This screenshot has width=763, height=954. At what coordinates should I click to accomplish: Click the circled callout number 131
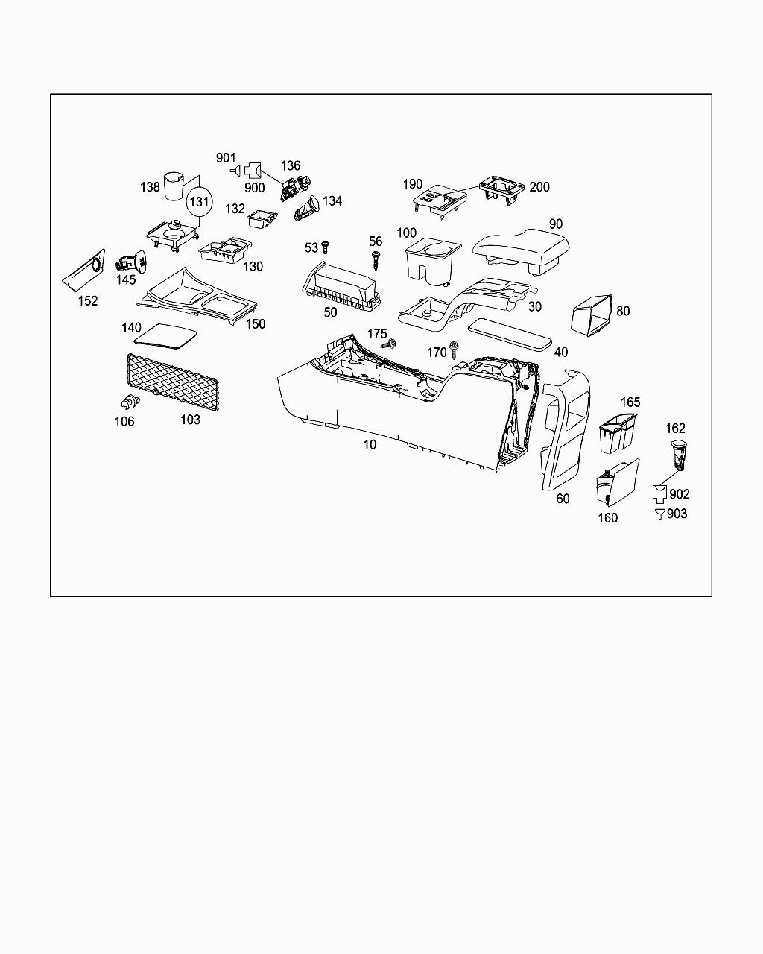[x=199, y=202]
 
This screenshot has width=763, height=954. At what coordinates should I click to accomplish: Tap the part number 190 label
[x=413, y=184]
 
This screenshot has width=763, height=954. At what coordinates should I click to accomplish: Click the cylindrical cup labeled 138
[x=174, y=186]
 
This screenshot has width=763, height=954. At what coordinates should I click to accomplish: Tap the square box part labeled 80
[x=590, y=314]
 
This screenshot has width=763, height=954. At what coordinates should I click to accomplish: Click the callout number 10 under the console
[x=370, y=445]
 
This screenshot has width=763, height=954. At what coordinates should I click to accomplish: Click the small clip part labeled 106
[x=130, y=402]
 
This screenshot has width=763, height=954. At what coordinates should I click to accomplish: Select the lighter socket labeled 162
[x=678, y=454]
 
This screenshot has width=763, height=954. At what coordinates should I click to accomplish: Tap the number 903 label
[x=677, y=514]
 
